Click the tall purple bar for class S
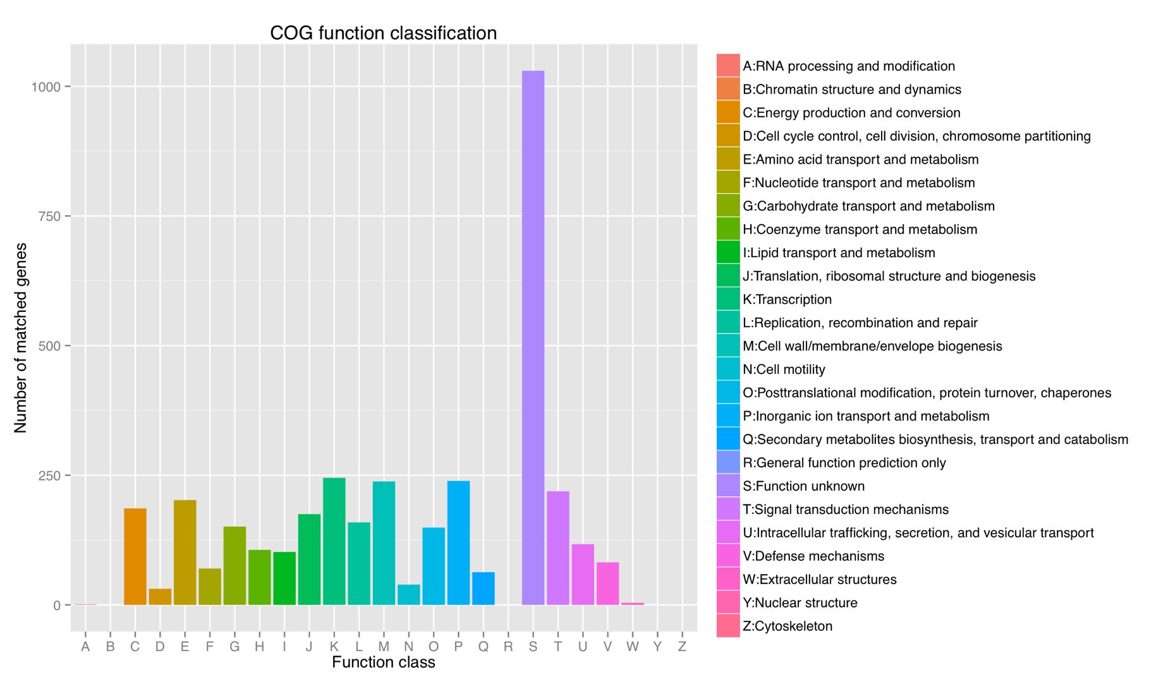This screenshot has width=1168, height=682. (x=533, y=338)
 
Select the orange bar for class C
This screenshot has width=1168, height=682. (x=135, y=556)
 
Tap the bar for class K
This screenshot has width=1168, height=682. (x=334, y=541)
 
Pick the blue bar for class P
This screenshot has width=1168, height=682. (x=458, y=543)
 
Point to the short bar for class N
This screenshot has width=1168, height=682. (x=409, y=595)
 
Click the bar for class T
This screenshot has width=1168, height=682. (x=557, y=548)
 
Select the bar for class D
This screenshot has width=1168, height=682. (x=160, y=597)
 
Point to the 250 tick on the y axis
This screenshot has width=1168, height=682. (x=50, y=476)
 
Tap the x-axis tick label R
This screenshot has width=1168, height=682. (x=508, y=647)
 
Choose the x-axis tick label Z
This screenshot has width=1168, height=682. (x=682, y=647)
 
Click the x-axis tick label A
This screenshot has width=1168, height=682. (x=85, y=647)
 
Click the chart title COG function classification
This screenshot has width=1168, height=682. (x=383, y=33)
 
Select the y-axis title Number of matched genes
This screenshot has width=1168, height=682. (x=21, y=338)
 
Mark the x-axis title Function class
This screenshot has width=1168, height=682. (x=383, y=662)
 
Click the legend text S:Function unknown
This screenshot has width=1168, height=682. (x=803, y=486)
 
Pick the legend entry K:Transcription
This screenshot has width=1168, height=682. (x=787, y=299)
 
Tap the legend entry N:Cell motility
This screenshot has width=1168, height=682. (x=784, y=369)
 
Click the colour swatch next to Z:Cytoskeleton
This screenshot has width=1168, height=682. (x=728, y=626)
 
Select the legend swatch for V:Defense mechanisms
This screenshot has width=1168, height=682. (x=728, y=556)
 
